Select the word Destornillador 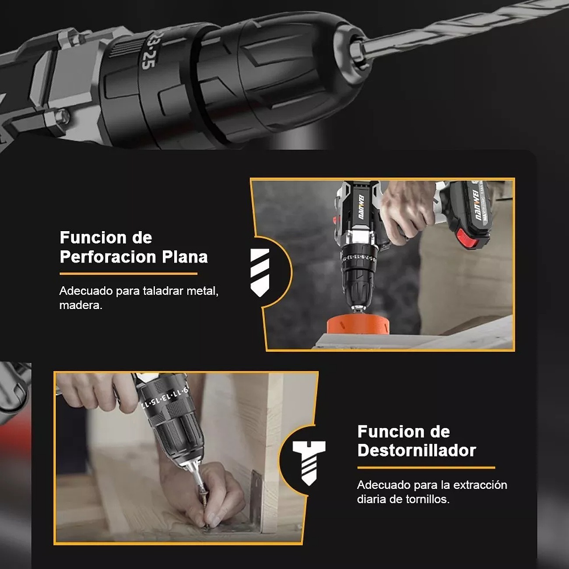pyautogui.click(x=416, y=450)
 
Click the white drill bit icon pyautogui.click(x=260, y=272)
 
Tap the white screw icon pyautogui.click(x=309, y=462)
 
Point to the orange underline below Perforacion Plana pyautogui.click(x=128, y=274)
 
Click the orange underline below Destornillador pyautogui.click(x=425, y=468)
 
